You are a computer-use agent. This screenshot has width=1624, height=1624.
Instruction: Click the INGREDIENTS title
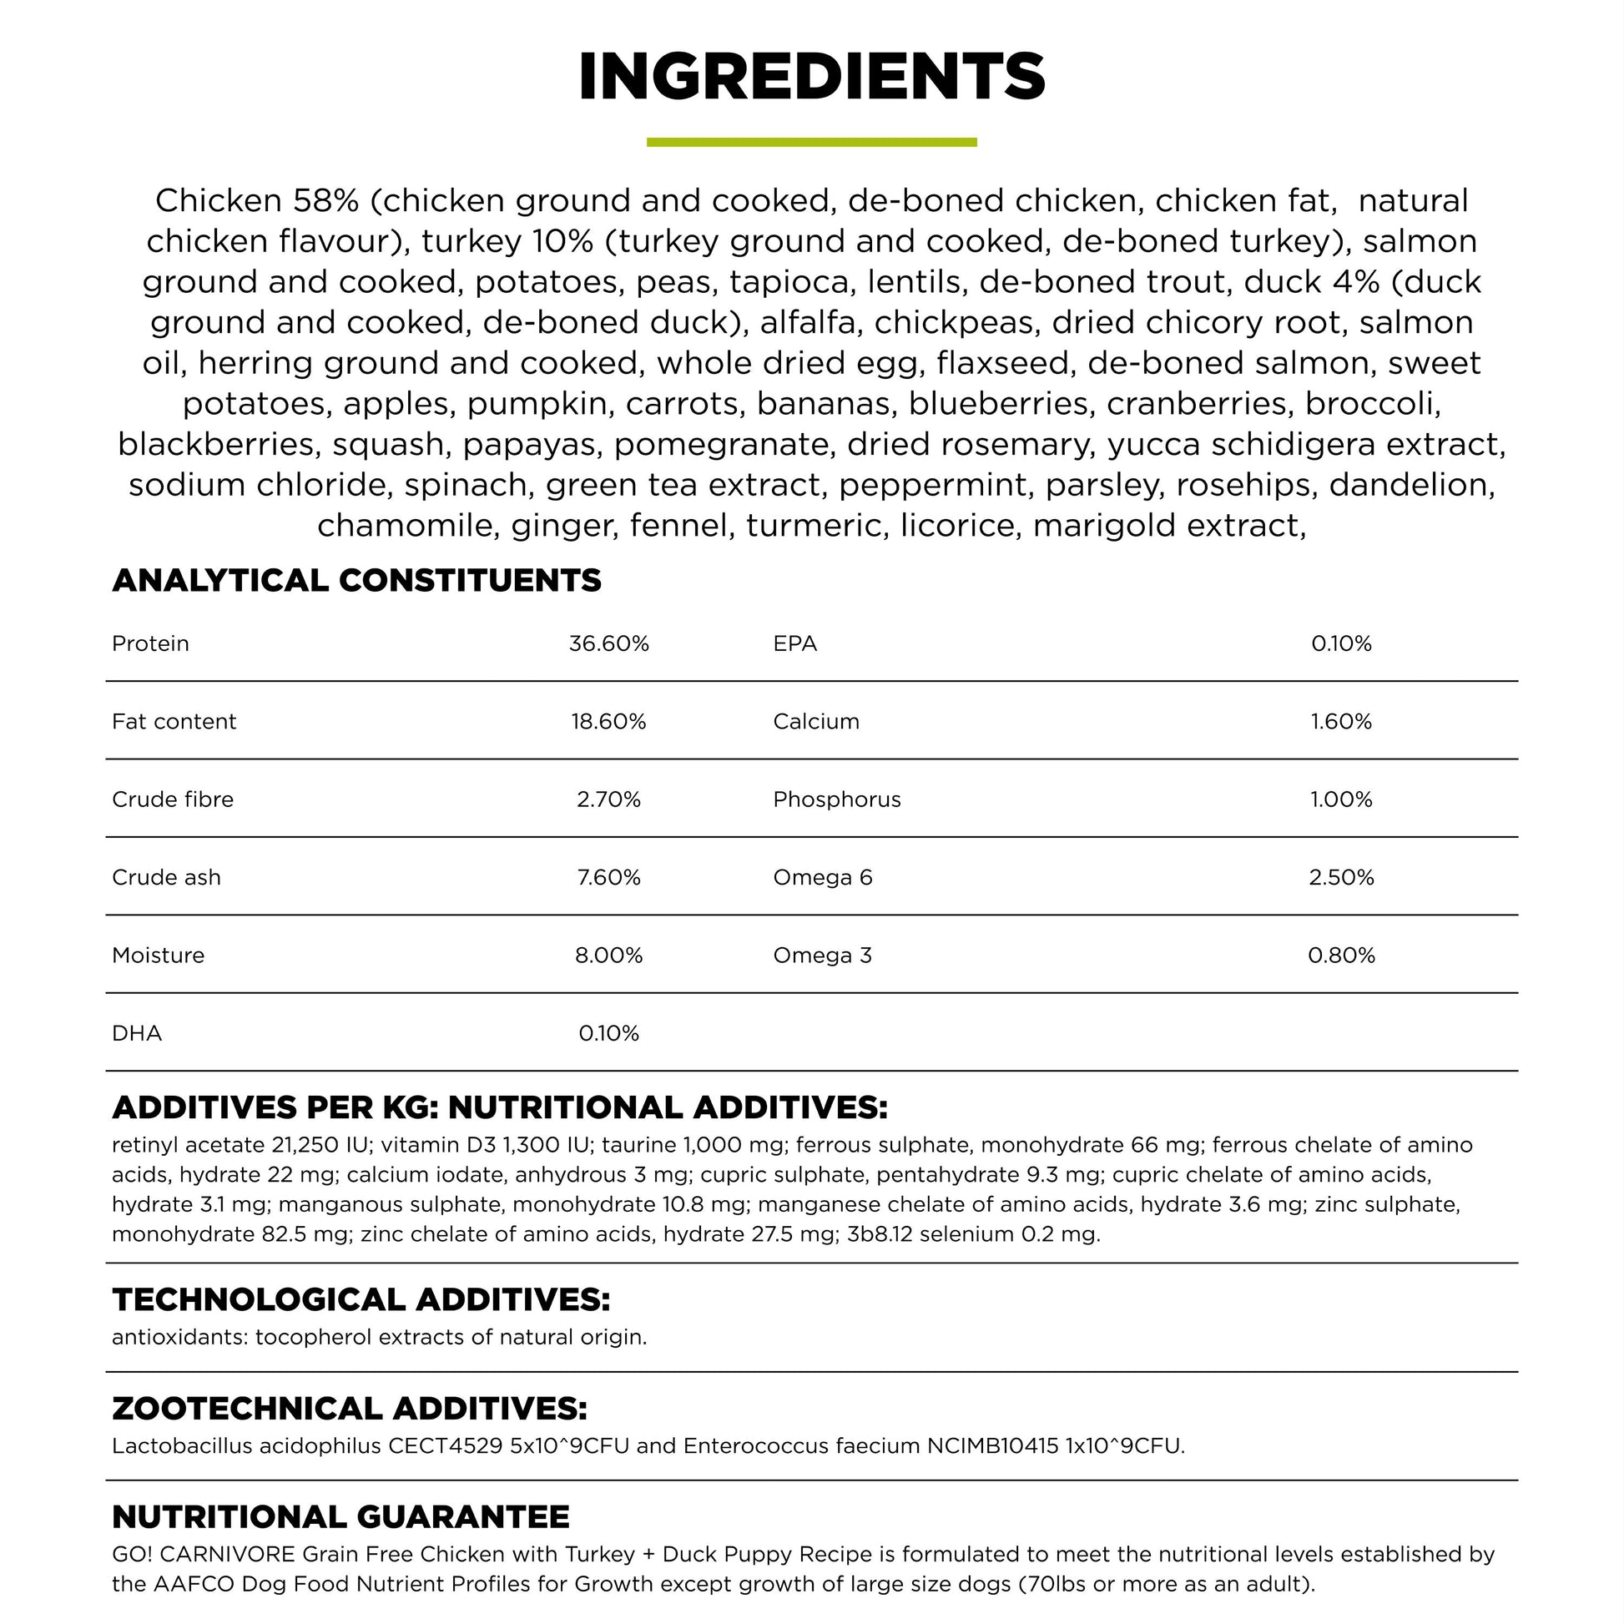[x=811, y=78]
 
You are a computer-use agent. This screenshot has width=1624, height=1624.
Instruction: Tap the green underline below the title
[x=811, y=143]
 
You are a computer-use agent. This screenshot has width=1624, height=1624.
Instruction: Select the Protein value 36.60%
[x=608, y=644]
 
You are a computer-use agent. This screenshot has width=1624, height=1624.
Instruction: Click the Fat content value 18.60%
[x=608, y=721]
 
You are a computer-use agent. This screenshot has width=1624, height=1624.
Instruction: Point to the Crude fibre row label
[x=172, y=799]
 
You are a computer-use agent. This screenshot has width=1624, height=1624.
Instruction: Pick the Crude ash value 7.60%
[x=608, y=878]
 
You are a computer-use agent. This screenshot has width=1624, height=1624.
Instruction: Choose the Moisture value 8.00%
[x=608, y=956]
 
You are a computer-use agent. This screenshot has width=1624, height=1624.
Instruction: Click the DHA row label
[x=136, y=1033]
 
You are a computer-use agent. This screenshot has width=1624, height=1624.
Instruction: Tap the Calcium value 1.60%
[x=1341, y=721]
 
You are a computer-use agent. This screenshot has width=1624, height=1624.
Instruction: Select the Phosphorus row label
[x=836, y=799]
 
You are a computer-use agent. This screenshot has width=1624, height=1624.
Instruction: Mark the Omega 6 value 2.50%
[x=1341, y=878]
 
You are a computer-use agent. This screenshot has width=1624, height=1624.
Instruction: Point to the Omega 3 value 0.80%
[x=1341, y=956]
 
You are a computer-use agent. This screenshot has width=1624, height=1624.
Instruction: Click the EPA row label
[x=794, y=644]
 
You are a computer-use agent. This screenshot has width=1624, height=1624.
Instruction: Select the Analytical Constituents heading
[x=356, y=581]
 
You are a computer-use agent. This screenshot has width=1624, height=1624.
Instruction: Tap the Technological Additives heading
[x=361, y=1299]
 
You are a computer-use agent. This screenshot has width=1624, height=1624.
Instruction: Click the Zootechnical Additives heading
[x=349, y=1408]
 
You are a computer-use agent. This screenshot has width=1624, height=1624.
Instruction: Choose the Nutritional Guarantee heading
[x=340, y=1516]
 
